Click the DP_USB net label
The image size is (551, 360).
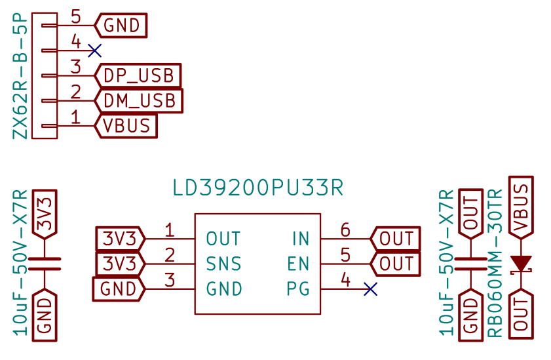[x=138, y=75]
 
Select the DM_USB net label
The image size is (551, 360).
[x=138, y=100]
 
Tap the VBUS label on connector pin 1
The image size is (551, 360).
[x=126, y=125]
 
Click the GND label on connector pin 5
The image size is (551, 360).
[x=121, y=26]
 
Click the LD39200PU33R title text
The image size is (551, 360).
[x=258, y=189]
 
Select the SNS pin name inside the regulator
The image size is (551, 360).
[x=223, y=264]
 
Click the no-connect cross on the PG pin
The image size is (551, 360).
[x=370, y=289]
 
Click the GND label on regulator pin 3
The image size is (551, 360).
[x=118, y=289]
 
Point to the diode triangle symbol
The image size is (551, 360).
[x=522, y=264]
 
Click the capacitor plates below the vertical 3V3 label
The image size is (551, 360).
[x=45, y=264]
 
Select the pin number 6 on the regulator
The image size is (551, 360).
[x=345, y=230]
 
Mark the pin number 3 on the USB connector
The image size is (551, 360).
[x=75, y=66]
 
